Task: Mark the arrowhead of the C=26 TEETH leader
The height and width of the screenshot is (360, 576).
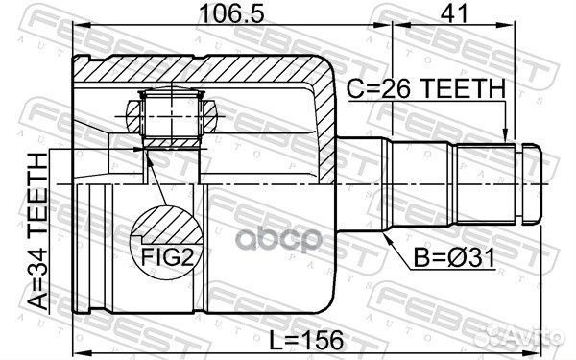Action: [x=506, y=140]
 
